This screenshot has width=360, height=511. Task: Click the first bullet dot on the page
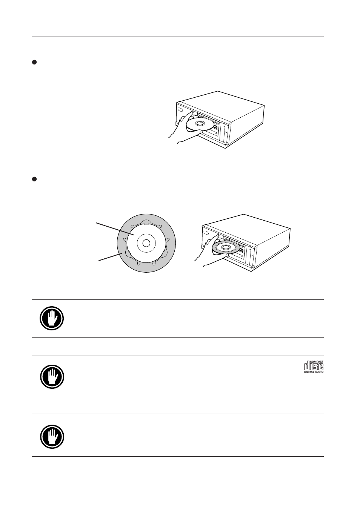coord(34,62)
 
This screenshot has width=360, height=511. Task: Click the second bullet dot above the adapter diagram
coord(34,179)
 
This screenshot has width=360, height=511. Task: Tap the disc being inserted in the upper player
coord(200,125)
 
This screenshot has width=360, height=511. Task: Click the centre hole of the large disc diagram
coord(146,243)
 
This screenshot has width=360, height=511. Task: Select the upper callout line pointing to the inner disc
coord(115,229)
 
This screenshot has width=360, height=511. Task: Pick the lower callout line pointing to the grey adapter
coord(110,257)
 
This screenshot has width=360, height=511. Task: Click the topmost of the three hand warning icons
coord(52,318)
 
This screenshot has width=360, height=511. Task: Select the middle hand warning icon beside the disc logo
coord(52,377)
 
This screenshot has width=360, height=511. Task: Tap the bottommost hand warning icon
coord(52,437)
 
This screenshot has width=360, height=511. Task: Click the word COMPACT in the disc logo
coord(317,362)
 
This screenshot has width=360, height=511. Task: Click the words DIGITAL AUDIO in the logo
coord(314,372)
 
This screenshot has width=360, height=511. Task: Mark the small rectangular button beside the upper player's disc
coord(215,126)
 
